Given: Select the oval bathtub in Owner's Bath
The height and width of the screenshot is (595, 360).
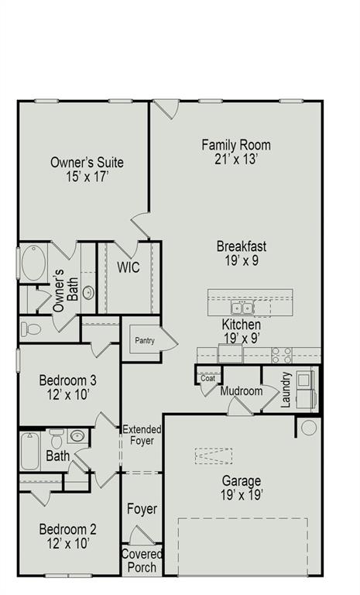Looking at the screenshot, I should [33, 263].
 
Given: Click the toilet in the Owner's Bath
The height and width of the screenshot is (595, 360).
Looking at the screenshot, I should [32, 328].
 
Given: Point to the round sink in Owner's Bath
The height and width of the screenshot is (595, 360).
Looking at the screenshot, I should [89, 293].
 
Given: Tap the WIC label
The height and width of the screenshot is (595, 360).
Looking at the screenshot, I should [129, 267].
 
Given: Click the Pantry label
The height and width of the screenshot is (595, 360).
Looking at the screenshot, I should [141, 339].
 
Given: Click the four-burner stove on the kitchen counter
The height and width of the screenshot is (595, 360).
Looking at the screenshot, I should [282, 355].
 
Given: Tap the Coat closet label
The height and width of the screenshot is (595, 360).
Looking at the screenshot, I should [208, 378].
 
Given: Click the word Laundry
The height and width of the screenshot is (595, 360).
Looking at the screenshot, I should [286, 388].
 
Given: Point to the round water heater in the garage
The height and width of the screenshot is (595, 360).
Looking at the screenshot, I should [309, 427].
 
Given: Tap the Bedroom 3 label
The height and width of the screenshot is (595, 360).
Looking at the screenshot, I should [68, 380].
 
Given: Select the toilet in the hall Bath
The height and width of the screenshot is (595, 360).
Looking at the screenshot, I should [57, 439].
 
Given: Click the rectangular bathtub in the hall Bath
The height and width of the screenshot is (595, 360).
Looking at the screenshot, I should [30, 452].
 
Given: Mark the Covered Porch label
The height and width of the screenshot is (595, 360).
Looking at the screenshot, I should [142, 561].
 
